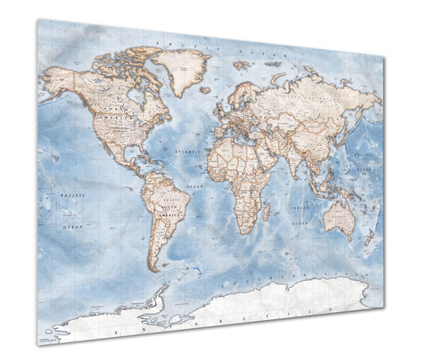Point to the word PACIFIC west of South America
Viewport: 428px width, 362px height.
click(73, 194)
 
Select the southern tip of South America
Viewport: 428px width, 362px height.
click(154, 268)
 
